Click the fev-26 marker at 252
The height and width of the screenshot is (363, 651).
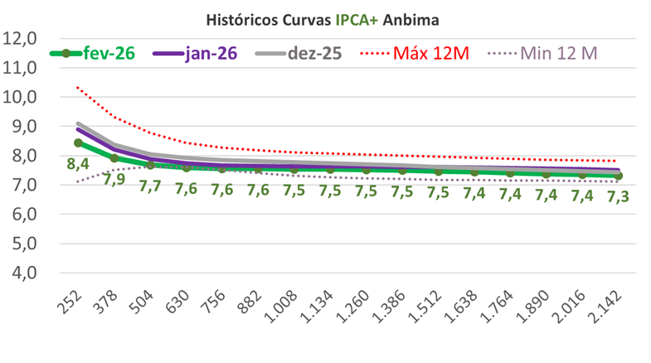click(x=79, y=143)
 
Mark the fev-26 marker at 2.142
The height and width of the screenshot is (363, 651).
click(x=619, y=176)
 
